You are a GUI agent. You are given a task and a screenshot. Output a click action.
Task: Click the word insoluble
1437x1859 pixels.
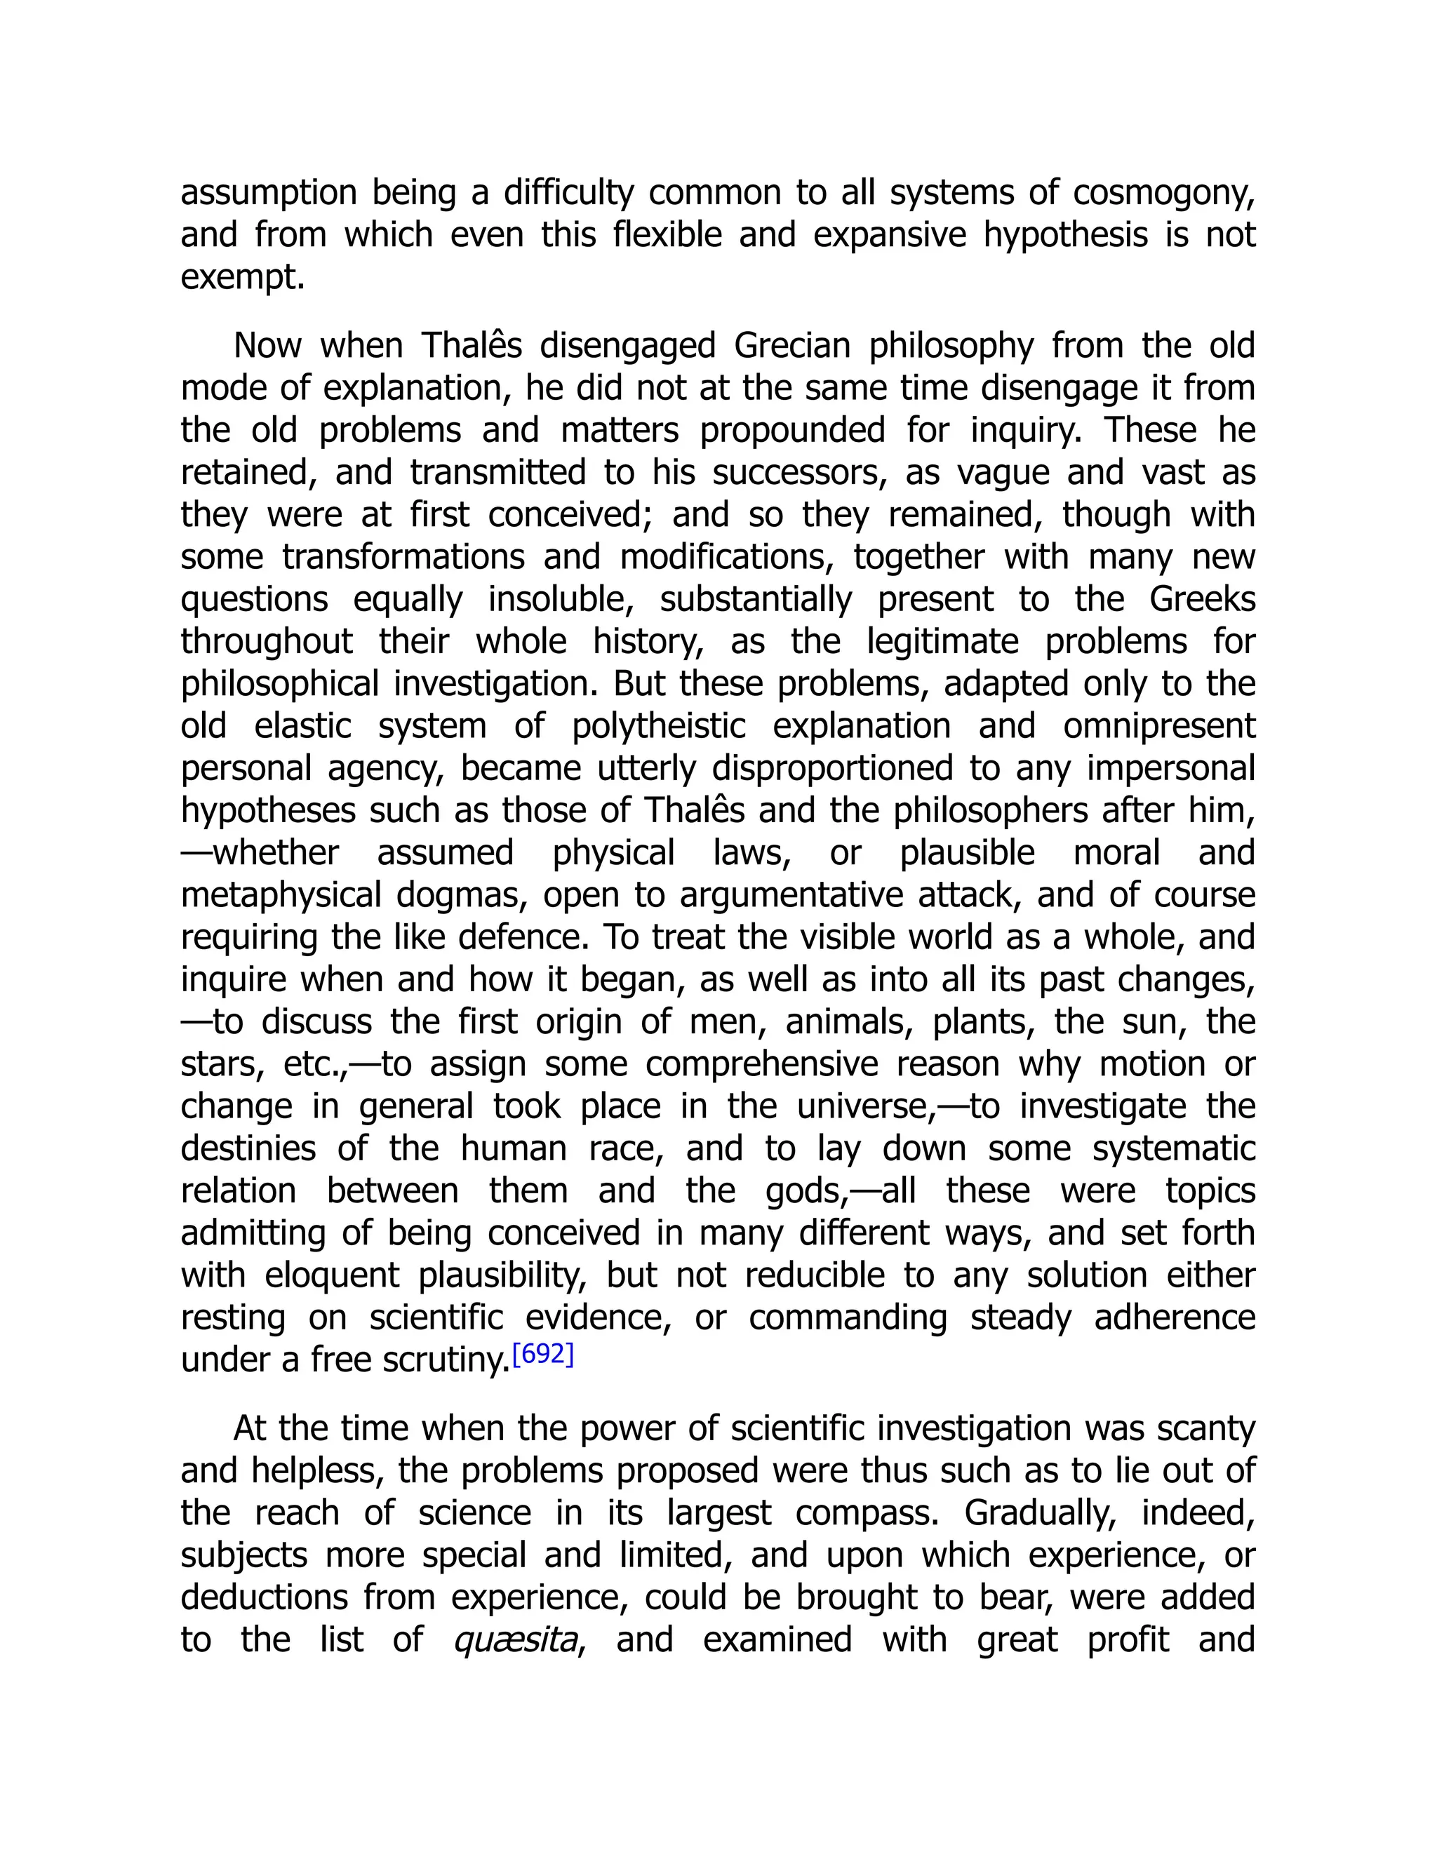(560, 600)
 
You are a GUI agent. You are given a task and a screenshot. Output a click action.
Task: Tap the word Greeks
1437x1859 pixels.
(1201, 600)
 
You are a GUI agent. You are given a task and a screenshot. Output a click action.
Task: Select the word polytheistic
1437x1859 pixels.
(658, 727)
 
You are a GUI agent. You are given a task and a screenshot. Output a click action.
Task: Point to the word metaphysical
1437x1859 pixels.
(281, 895)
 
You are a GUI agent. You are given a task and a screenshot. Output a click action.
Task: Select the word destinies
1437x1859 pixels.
(248, 1149)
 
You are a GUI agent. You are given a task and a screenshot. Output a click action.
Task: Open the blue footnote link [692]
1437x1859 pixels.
(543, 1354)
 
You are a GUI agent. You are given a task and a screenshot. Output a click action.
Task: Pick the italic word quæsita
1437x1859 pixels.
(516, 1640)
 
